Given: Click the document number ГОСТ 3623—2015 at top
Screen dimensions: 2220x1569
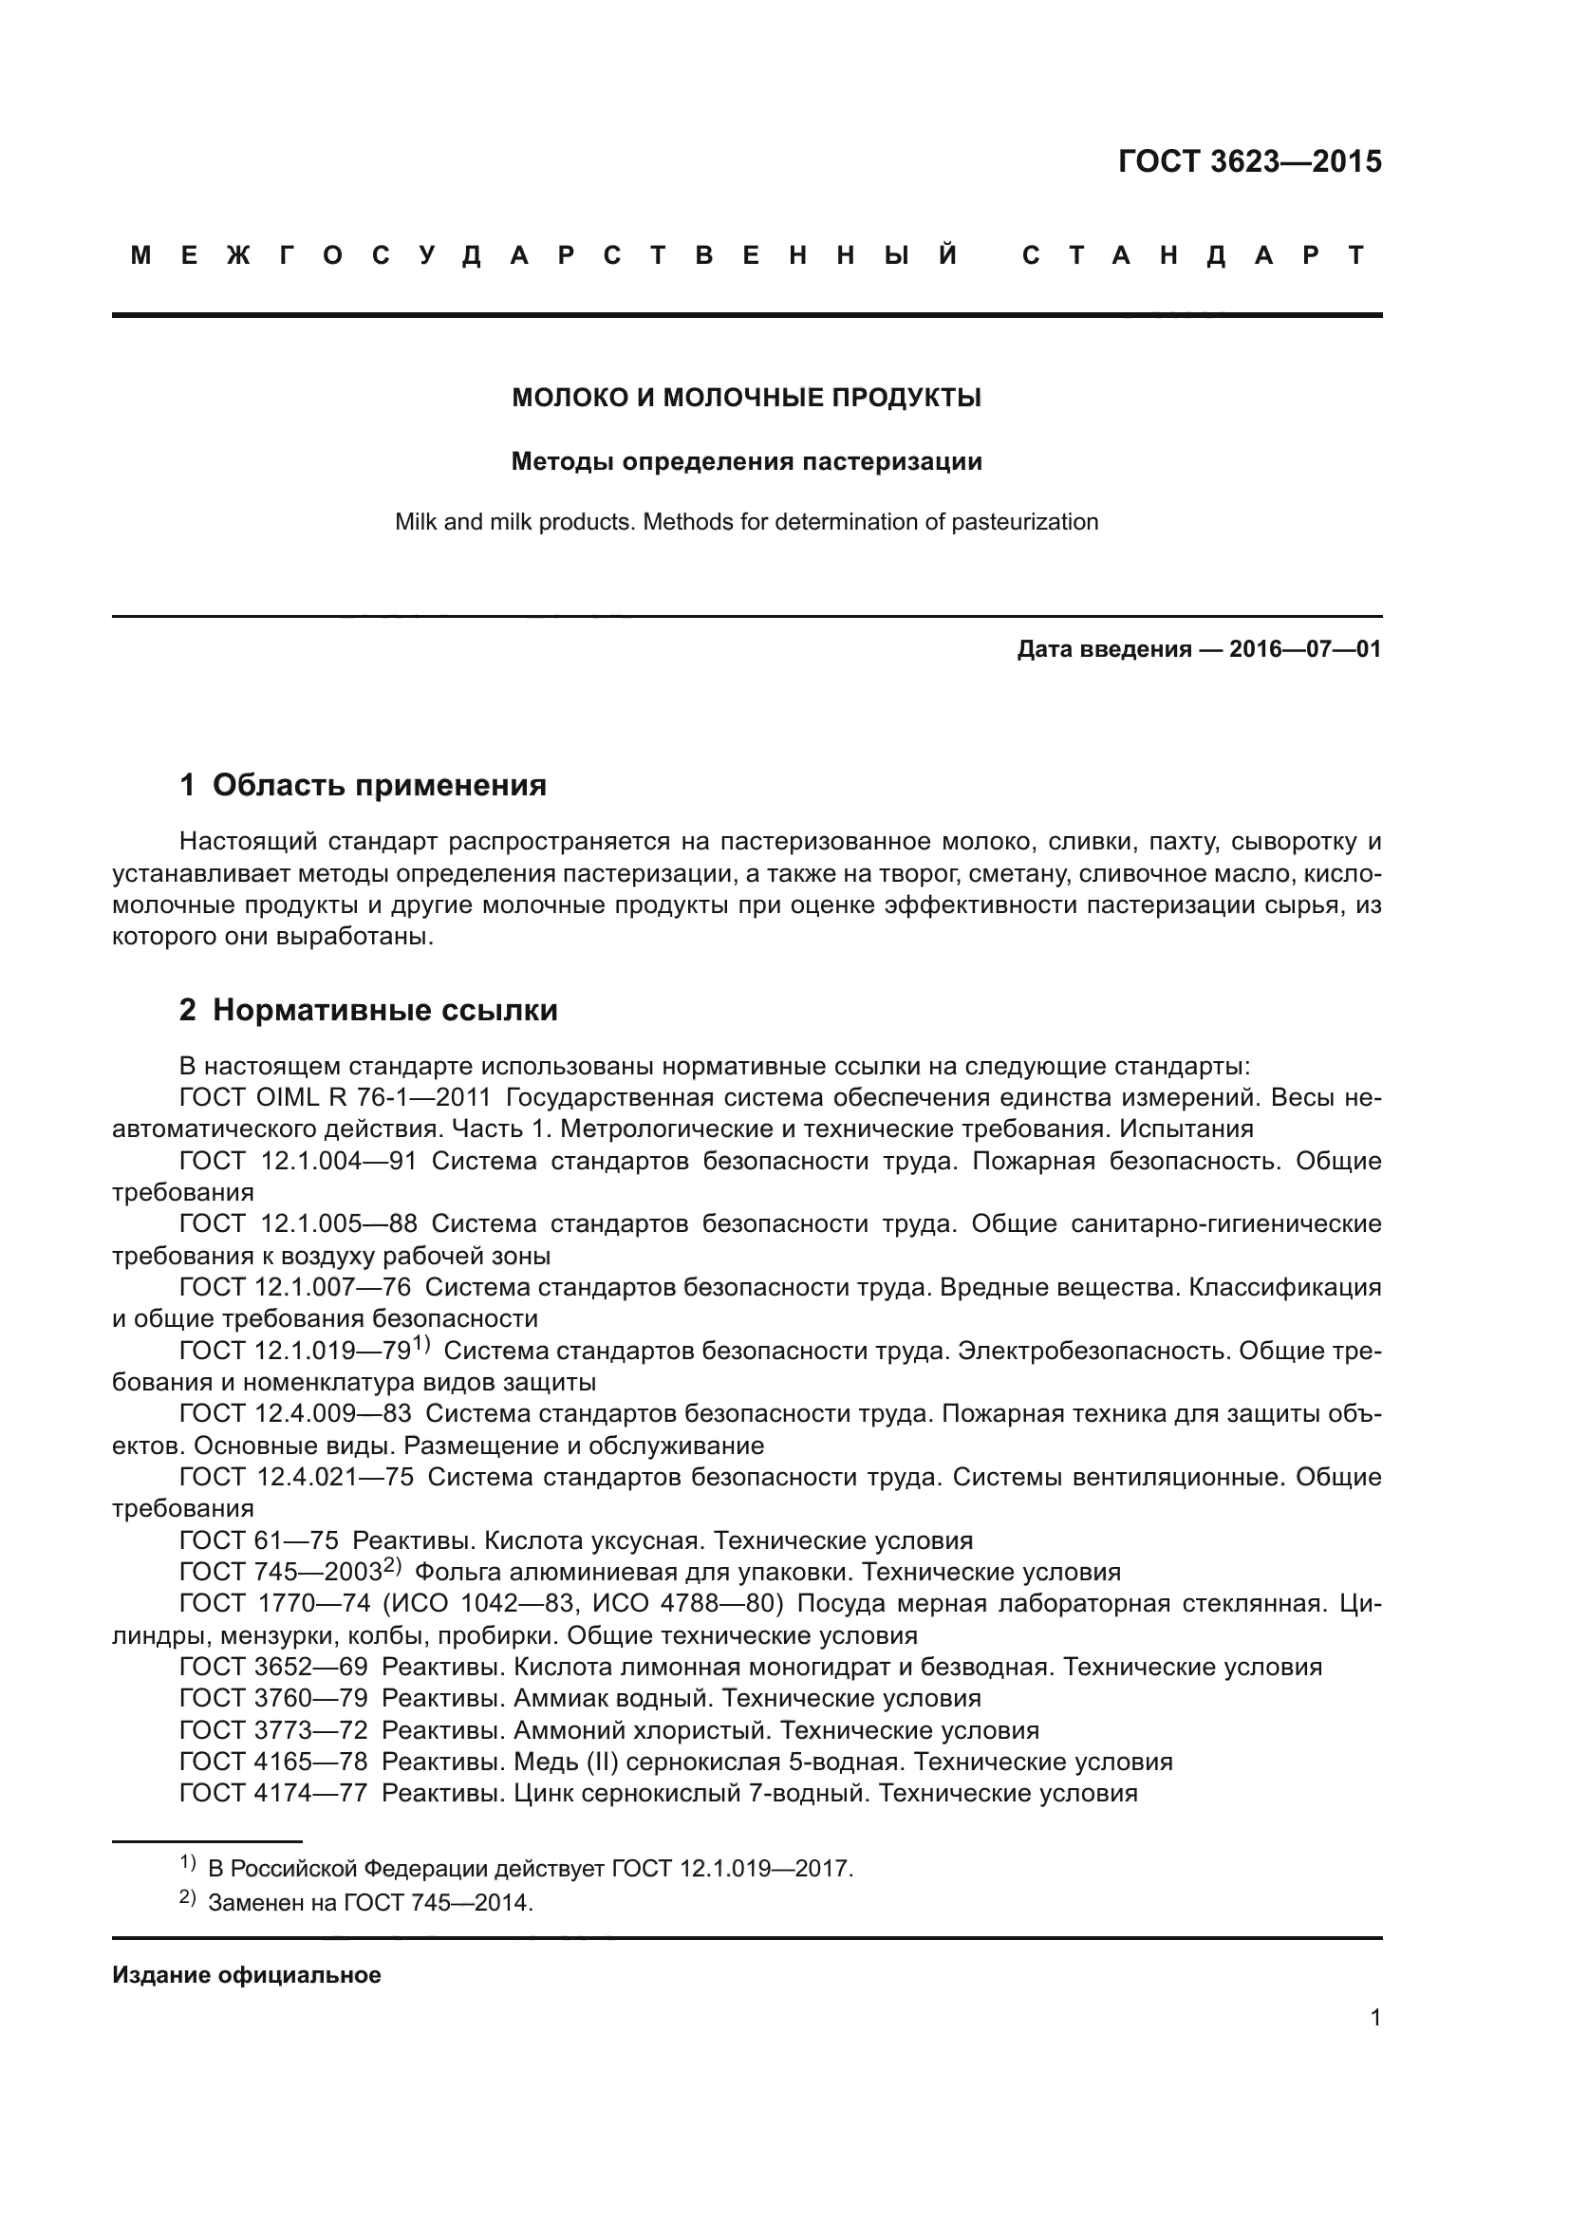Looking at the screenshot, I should point(1249,161).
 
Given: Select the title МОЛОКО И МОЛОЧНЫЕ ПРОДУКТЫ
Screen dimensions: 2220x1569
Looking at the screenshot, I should point(746,398).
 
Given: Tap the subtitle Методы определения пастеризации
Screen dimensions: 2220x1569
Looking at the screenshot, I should point(746,461).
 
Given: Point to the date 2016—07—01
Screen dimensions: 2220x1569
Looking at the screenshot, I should point(1305,649).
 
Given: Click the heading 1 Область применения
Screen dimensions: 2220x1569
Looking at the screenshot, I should point(364,784).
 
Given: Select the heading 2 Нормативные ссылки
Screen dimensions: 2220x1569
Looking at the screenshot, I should point(368,1010).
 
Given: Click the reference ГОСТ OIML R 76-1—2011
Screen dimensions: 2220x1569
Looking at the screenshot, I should point(335,1097).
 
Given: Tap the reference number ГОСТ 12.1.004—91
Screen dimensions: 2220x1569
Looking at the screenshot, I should point(298,1160).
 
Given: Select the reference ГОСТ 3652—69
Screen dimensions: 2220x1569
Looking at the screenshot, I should point(273,1667).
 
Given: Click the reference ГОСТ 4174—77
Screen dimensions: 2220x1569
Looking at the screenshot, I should point(273,1793).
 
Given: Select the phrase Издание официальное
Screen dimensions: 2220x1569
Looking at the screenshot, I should point(247,1974).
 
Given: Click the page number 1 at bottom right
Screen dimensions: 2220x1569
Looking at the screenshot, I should point(1374,2018).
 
